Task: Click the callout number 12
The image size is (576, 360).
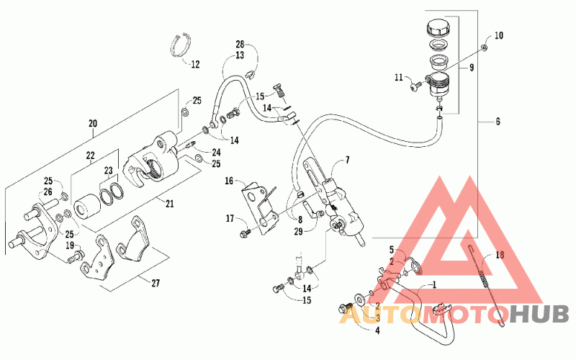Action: pyautogui.click(x=195, y=64)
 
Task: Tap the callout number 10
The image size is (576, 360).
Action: pyautogui.click(x=498, y=35)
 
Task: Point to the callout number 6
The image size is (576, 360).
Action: pyautogui.click(x=498, y=121)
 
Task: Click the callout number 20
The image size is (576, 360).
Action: pyautogui.click(x=93, y=123)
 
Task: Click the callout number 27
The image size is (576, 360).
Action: pyautogui.click(x=156, y=283)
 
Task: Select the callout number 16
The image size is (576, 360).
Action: pyautogui.click(x=229, y=181)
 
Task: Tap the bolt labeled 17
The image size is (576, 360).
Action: pyautogui.click(x=245, y=232)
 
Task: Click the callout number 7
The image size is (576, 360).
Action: pyautogui.click(x=347, y=160)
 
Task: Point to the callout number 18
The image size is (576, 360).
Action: pyautogui.click(x=500, y=255)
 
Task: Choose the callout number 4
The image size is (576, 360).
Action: pyautogui.click(x=377, y=330)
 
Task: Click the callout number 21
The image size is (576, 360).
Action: pyautogui.click(x=169, y=203)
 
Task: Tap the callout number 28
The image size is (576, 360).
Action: pyautogui.click(x=240, y=45)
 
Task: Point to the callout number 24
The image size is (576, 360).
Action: pyautogui.click(x=216, y=152)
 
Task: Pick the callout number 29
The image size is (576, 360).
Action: pyautogui.click(x=299, y=231)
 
